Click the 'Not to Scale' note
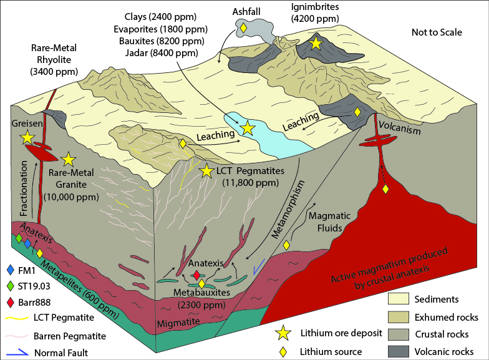(437, 32)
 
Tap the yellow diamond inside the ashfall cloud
(243, 27)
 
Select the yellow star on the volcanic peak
(316, 43)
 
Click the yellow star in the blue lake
(248, 128)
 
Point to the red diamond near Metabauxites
(196, 276)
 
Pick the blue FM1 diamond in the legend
(11, 270)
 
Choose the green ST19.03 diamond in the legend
(11, 286)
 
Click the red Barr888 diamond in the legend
(11, 302)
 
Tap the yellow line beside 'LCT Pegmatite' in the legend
(17, 318)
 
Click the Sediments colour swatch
(398, 299)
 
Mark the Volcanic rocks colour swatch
(398, 351)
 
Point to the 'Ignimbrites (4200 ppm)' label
(315, 12)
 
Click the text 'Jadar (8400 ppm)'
(162, 52)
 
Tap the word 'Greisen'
(27, 124)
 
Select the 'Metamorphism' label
(287, 210)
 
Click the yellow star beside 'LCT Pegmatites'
(206, 171)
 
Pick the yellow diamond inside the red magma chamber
(385, 189)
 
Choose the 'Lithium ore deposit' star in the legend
(283, 333)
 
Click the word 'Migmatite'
(178, 323)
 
